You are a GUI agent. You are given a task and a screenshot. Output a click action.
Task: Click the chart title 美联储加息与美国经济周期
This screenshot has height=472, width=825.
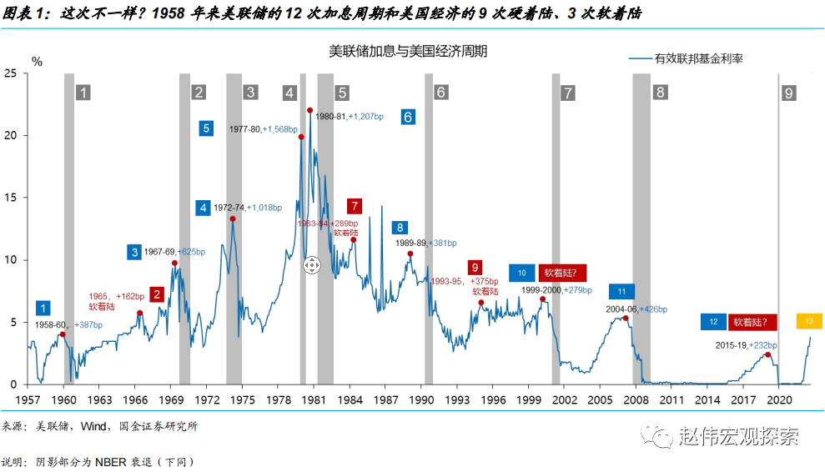point(408,52)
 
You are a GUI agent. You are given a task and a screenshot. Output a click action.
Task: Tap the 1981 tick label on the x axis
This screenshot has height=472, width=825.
point(314,400)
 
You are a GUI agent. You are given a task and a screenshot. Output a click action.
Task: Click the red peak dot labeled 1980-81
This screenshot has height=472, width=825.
point(309,110)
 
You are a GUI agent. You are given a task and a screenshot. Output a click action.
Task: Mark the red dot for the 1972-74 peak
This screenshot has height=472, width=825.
point(232,219)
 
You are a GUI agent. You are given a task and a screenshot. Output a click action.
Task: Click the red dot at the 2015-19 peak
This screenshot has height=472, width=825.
point(768,355)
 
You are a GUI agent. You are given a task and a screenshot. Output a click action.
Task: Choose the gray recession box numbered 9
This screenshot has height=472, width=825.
point(788,93)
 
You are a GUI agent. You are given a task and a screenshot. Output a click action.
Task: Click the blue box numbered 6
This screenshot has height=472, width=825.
point(407,117)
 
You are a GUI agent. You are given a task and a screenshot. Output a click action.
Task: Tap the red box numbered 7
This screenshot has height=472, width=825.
point(355,205)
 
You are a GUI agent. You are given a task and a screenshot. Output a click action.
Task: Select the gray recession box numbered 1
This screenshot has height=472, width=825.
point(83,92)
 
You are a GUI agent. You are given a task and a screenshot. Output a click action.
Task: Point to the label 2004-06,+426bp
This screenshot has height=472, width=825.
point(636,309)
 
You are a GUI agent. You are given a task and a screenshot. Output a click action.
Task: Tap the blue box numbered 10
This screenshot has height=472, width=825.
point(521,272)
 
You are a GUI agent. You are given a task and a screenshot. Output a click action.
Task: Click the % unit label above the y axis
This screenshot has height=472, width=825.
point(37,61)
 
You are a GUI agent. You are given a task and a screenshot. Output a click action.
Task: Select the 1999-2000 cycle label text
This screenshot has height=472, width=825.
point(542,289)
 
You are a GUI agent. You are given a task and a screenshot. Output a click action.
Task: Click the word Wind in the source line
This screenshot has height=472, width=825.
point(94,426)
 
